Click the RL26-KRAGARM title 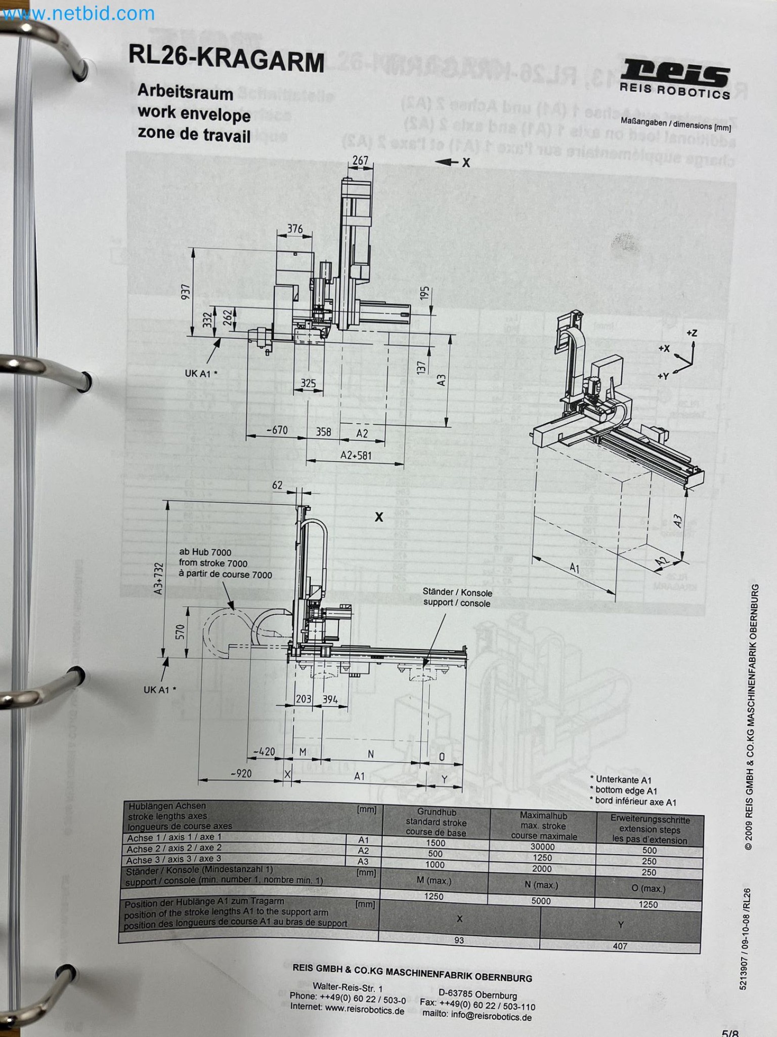[226, 60]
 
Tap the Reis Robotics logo [675, 78]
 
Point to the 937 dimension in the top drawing [187, 292]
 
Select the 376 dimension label [295, 229]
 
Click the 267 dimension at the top [360, 161]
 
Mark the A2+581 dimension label [356, 455]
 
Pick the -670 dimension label [277, 430]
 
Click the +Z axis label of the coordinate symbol [692, 333]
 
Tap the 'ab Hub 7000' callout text [205, 552]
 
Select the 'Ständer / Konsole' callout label [457, 592]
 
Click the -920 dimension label [241, 773]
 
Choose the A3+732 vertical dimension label [159, 578]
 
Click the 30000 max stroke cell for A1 [543, 847]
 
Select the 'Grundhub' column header [436, 812]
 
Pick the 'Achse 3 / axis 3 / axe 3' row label [174, 859]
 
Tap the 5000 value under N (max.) [541, 901]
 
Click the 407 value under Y [620, 946]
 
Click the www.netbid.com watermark [78, 14]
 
